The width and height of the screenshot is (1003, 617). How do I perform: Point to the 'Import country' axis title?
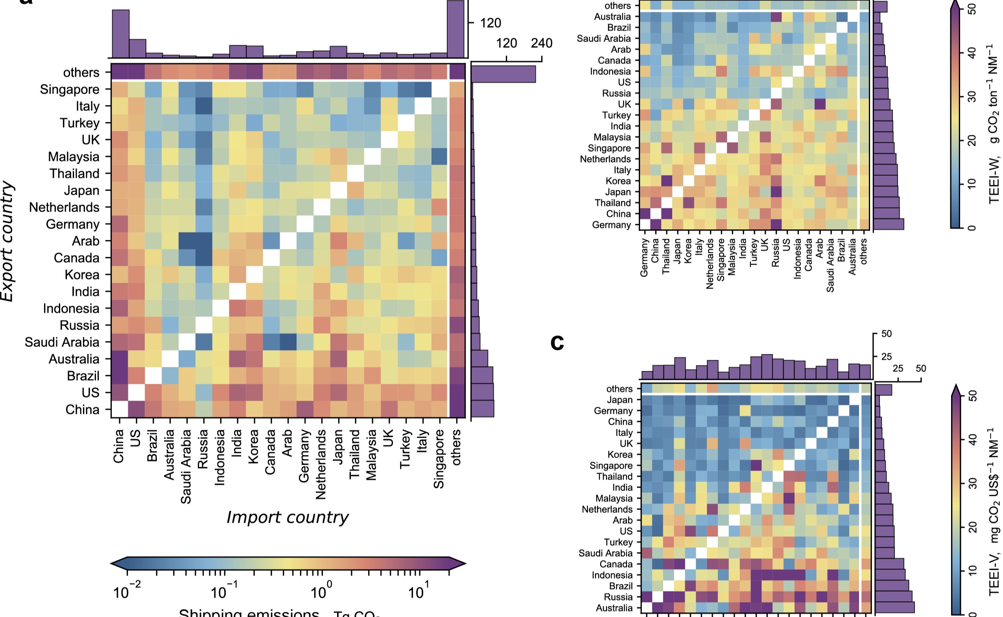[287, 517]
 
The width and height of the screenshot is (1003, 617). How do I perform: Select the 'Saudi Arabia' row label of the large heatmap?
[62, 342]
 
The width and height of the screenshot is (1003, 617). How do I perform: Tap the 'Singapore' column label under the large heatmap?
[439, 459]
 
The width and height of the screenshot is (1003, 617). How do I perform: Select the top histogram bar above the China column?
[121, 33]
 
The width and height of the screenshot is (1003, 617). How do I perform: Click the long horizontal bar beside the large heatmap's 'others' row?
[503, 74]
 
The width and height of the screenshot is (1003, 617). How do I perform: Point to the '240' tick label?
[542, 43]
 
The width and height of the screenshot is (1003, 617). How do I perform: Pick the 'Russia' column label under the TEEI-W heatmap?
[776, 252]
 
